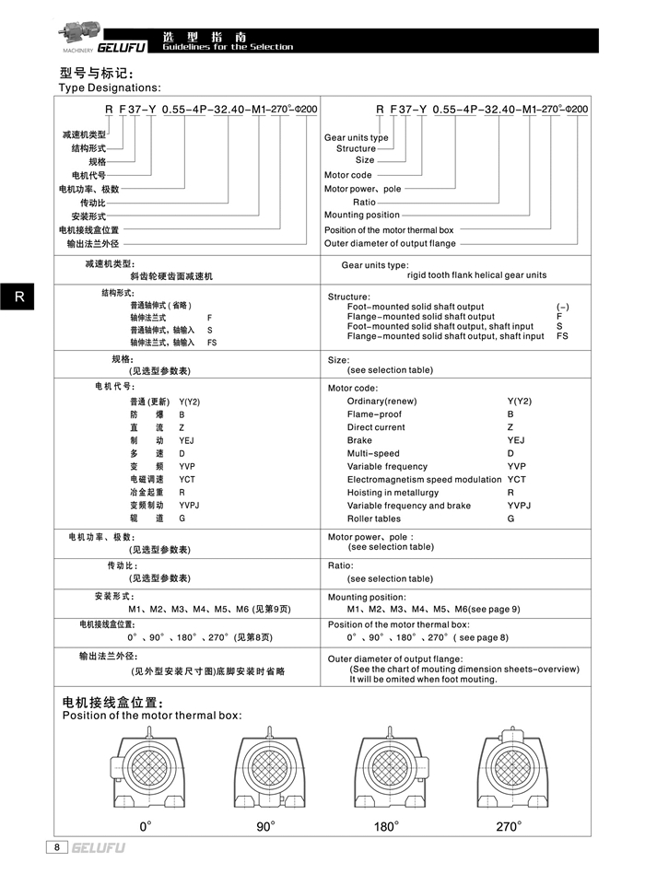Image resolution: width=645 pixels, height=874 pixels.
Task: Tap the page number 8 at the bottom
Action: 57,846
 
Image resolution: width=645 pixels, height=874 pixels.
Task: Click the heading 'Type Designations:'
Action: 110,87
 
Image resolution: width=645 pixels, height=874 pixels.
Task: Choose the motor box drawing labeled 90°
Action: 265,769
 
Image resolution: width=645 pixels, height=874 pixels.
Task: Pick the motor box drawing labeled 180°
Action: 387,769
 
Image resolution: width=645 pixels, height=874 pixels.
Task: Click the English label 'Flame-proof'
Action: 374,414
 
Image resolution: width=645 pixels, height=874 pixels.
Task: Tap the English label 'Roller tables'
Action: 374,519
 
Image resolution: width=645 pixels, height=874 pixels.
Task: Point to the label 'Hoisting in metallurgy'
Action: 393,493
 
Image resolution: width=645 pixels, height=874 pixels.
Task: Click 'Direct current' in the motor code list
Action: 376,427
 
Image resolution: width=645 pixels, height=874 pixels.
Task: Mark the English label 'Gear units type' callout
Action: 357,137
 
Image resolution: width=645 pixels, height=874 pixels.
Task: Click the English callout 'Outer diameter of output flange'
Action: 390,244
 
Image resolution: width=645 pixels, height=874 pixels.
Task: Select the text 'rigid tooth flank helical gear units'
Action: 476,274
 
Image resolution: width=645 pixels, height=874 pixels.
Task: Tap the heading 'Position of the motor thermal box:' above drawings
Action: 151,716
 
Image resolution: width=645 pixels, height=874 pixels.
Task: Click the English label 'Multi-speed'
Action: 373,453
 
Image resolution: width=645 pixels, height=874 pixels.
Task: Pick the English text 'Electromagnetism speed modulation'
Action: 424,480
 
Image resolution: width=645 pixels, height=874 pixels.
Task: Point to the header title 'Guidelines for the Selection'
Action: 228,47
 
